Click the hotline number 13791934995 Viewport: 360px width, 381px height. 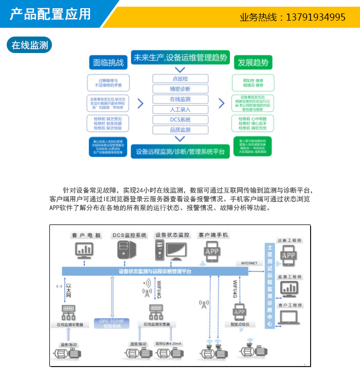pos(315,17)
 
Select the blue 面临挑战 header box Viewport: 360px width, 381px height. pos(109,63)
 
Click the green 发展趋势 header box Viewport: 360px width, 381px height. pos(253,63)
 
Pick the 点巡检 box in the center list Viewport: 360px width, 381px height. pos(180,79)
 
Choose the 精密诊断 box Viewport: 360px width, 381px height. pos(180,89)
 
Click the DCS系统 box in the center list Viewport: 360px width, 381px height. pos(180,119)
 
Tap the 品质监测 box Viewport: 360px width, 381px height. pos(180,130)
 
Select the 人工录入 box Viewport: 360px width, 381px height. pos(180,109)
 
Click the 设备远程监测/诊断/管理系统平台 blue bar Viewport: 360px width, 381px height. pos(180,151)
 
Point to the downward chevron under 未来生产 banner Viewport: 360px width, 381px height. pos(179,70)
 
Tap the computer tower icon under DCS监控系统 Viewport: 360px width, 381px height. pos(123,250)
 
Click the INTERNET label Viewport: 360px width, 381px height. pos(249,263)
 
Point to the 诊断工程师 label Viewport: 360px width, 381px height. pos(290,240)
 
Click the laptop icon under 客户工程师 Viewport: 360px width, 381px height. pos(289,318)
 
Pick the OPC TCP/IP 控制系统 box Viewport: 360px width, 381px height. pos(109,323)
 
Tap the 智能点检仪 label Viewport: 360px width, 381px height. pos(240,324)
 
